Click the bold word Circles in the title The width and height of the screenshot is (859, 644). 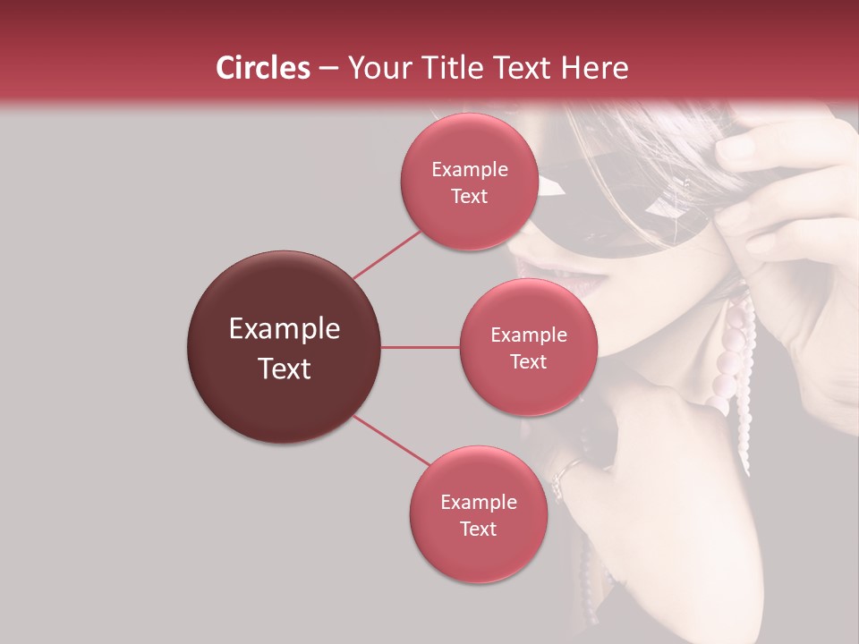pyautogui.click(x=263, y=68)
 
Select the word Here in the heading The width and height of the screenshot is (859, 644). pyautogui.click(x=595, y=68)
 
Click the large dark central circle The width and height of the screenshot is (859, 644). pyautogui.click(x=284, y=347)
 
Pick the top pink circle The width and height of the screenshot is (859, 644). pyautogui.click(x=469, y=182)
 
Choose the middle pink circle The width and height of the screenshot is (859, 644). pyautogui.click(x=528, y=347)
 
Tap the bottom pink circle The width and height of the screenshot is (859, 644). pyautogui.click(x=478, y=514)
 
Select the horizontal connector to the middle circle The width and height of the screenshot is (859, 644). pyautogui.click(x=420, y=347)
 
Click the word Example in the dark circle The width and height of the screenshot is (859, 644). pyautogui.click(x=284, y=329)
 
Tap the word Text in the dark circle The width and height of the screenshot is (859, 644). pyautogui.click(x=284, y=369)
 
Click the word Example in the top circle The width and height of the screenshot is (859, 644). pyautogui.click(x=469, y=169)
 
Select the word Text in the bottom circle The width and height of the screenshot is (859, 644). pyautogui.click(x=478, y=529)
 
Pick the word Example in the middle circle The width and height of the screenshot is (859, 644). pyautogui.click(x=528, y=335)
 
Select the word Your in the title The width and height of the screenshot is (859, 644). pyautogui.click(x=377, y=68)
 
